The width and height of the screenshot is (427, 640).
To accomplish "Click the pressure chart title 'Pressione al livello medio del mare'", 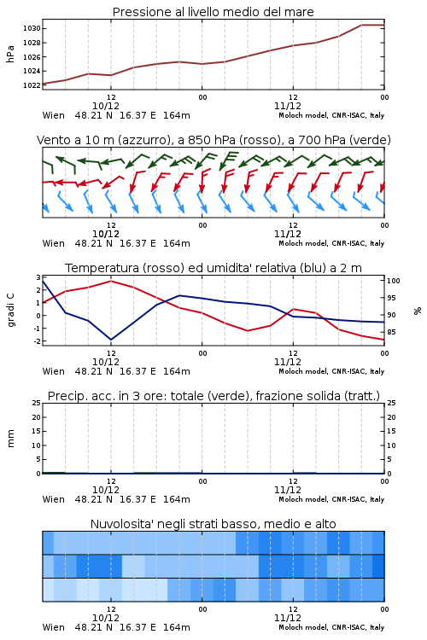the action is [213, 12].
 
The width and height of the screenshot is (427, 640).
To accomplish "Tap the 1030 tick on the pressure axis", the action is [32, 28].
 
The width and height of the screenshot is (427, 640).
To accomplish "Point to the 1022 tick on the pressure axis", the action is [32, 85].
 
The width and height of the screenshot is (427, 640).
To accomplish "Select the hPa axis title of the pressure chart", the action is [10, 54].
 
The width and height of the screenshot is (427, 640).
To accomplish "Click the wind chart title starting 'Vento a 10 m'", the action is [213, 140].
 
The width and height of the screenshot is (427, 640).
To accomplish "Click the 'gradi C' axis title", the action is [11, 310].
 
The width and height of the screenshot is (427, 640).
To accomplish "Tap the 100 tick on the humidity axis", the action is [394, 281].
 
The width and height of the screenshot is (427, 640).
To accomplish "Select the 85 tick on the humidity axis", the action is [391, 332].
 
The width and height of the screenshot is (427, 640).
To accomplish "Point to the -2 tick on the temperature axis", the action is [38, 341].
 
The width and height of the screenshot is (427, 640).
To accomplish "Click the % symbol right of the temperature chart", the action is [418, 311].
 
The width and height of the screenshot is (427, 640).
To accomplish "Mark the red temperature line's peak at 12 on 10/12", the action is [111, 281].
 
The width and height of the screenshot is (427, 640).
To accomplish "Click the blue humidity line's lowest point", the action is [111, 340].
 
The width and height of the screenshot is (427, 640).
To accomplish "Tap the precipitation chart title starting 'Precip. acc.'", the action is [213, 396].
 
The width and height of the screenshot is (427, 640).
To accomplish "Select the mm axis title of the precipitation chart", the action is [10, 438].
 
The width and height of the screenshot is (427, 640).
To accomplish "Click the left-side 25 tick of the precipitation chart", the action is [37, 403].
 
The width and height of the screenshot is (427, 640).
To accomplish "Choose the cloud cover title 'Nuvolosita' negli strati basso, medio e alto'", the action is [213, 524].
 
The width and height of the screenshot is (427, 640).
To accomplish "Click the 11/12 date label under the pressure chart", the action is [288, 106].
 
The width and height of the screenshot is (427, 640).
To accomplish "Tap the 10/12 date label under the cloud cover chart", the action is [106, 618].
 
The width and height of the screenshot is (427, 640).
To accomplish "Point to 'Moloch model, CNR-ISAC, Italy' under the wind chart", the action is [331, 244].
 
